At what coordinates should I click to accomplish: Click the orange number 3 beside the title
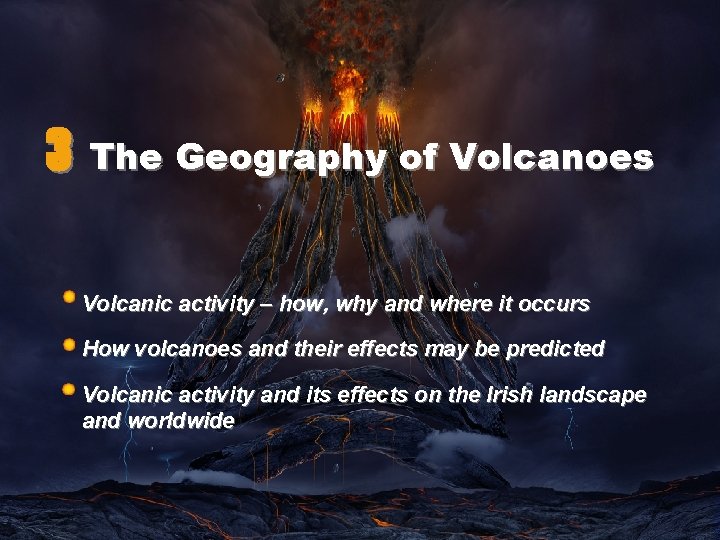(59, 155)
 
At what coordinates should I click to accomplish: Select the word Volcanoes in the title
(553, 157)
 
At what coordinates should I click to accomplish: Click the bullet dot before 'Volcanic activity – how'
(68, 297)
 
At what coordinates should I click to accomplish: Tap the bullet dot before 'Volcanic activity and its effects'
(68, 389)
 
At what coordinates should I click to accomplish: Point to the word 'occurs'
(558, 303)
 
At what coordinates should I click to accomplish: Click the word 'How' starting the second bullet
(102, 349)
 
